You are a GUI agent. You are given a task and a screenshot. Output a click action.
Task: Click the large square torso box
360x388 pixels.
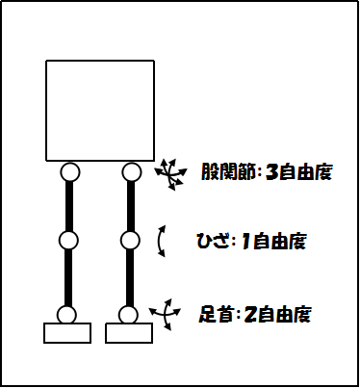(100, 109)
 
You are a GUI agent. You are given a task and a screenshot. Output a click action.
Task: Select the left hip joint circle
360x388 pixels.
(68, 172)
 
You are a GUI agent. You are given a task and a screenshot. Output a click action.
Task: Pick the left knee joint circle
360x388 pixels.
(68, 240)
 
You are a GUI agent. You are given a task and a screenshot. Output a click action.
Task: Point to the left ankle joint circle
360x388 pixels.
(66, 314)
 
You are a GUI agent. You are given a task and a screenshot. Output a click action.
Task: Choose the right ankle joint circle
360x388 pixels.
(128, 314)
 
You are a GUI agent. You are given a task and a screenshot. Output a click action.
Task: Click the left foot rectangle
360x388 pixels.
(67, 333)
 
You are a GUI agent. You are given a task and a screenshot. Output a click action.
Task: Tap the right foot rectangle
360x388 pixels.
(128, 333)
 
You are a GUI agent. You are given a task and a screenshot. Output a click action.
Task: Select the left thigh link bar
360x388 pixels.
(68, 206)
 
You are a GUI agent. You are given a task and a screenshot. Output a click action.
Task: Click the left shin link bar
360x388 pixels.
(67, 277)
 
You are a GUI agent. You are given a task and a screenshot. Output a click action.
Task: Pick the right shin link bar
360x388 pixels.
(130, 277)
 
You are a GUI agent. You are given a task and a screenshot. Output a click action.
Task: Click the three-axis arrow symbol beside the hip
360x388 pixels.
(171, 172)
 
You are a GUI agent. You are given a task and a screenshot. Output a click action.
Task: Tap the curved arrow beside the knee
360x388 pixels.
(163, 241)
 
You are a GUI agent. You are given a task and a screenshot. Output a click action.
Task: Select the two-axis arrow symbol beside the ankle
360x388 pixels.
(166, 313)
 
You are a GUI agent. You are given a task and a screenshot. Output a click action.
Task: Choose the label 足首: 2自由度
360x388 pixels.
(255, 314)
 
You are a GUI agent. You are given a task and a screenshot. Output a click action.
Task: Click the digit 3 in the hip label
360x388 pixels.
(271, 173)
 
